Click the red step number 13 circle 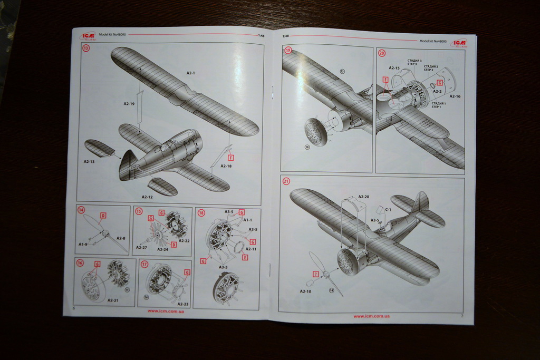[85, 48]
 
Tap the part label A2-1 [190, 73]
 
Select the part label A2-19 [129, 104]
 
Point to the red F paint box [230, 157]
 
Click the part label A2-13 [89, 161]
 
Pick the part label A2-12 [147, 197]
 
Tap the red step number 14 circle [81, 210]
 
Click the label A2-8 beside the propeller [121, 238]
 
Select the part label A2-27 [141, 247]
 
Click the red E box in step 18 [245, 257]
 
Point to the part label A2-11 [251, 249]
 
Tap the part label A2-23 [183, 304]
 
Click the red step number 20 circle [382, 52]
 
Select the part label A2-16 [455, 96]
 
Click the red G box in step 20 [439, 83]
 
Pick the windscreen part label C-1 [388, 209]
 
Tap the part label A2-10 [305, 291]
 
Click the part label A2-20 [363, 197]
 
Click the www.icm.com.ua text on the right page [371, 316]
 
